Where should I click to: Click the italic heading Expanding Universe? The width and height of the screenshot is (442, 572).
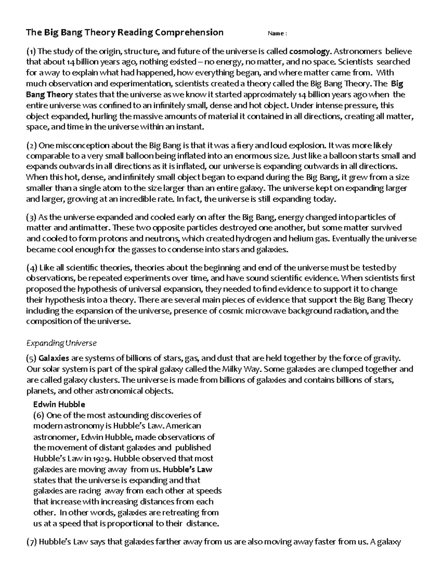point(61,343)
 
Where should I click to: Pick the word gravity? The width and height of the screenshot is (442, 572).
point(385,358)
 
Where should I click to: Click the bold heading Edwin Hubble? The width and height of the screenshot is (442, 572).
point(59,404)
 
